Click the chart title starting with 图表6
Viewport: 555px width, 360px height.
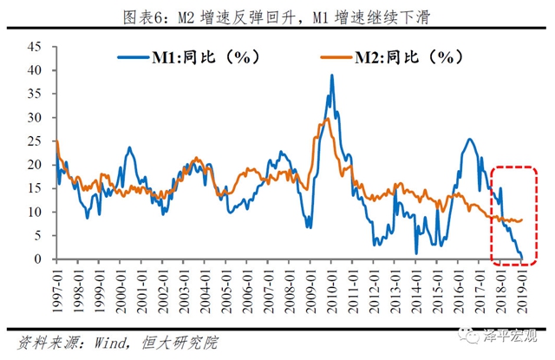pyautogui.click(x=277, y=12)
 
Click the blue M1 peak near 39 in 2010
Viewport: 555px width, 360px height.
pyautogui.click(x=332, y=75)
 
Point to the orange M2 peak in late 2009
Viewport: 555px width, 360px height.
pyautogui.click(x=324, y=120)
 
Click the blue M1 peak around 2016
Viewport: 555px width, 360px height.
pyautogui.click(x=469, y=139)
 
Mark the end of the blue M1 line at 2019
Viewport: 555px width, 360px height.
pyautogui.click(x=523, y=258)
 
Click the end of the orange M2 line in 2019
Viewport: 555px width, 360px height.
pyautogui.click(x=522, y=219)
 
